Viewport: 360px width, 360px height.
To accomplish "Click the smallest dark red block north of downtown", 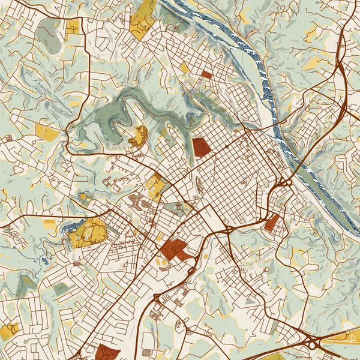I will coord(206,75).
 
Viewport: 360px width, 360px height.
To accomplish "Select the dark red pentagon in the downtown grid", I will coord(201,147).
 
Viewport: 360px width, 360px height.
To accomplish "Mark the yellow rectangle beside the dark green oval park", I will coord(73,26).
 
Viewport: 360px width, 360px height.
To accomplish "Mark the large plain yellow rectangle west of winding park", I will coord(47,132).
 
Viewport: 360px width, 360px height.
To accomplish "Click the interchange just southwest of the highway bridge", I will coord(283,181).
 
